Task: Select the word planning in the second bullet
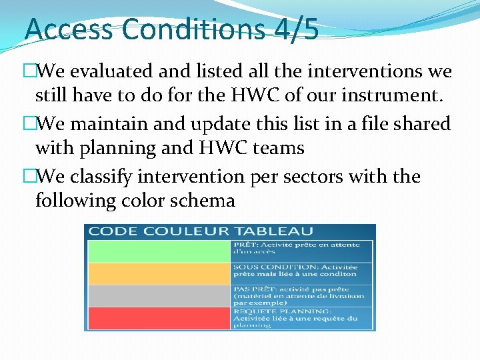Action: [127, 148]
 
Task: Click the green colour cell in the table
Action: [159, 251]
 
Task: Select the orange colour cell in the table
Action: [159, 273]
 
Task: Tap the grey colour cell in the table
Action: [159, 296]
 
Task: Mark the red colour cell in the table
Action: [159, 318]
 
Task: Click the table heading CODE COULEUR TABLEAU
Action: [200, 231]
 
